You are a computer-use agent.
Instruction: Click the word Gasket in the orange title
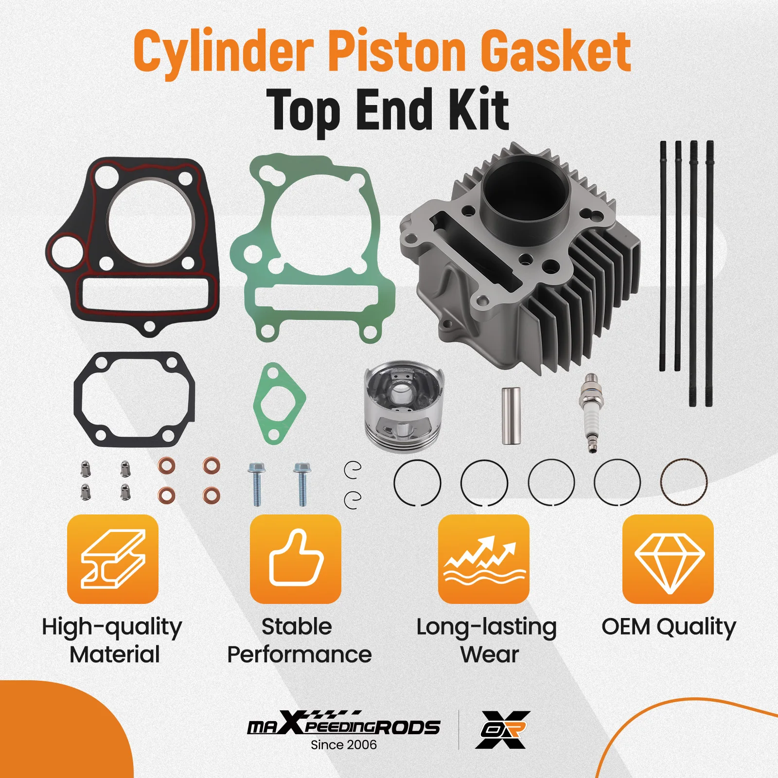pyautogui.click(x=555, y=52)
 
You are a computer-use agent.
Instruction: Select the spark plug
pyautogui.click(x=591, y=412)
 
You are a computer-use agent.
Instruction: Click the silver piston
pyautogui.click(x=403, y=406)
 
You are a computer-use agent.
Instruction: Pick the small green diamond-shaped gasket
pyautogui.click(x=279, y=404)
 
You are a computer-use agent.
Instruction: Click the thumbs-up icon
pyautogui.click(x=295, y=559)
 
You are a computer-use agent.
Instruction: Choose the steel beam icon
pyautogui.click(x=113, y=559)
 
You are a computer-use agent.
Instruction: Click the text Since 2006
pyautogui.click(x=344, y=744)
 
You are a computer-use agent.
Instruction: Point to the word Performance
pyautogui.click(x=299, y=654)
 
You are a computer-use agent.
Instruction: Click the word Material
pyautogui.click(x=115, y=654)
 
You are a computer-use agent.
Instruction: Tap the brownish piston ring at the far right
pyautogui.click(x=684, y=482)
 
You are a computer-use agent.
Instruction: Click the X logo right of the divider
pyautogui.click(x=502, y=729)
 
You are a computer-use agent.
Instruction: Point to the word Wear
pyautogui.click(x=489, y=654)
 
